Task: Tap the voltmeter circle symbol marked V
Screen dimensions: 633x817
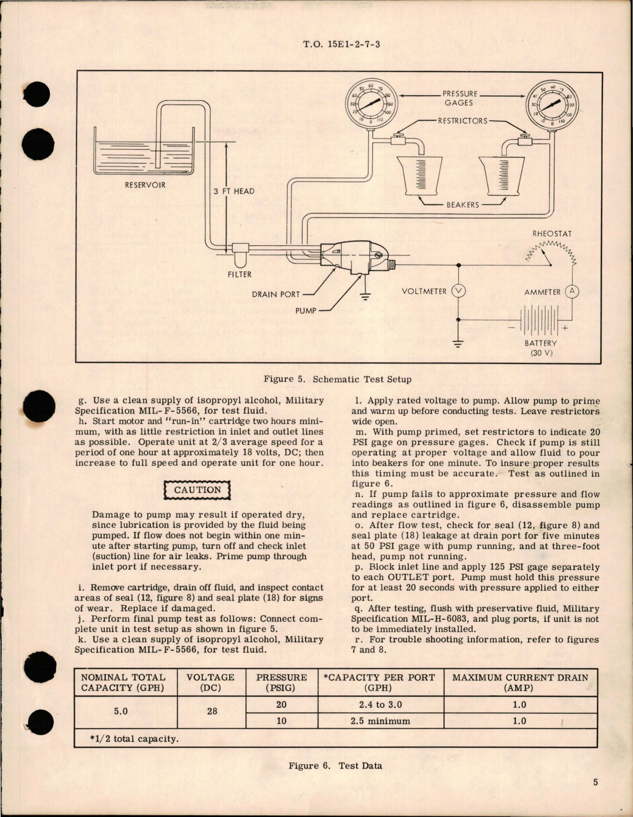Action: (x=458, y=291)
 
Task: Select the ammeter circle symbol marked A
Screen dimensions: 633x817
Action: (x=572, y=292)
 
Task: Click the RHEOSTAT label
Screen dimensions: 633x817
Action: (x=552, y=233)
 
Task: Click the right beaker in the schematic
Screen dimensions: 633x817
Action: (x=501, y=176)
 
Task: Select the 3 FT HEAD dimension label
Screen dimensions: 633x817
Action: (x=234, y=191)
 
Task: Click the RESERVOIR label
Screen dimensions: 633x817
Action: (x=145, y=185)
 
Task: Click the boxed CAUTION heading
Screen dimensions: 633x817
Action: (x=197, y=490)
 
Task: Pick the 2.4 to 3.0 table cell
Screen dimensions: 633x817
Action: (x=380, y=705)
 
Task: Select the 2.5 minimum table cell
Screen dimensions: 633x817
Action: (x=380, y=721)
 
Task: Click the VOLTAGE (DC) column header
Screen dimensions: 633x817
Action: (x=210, y=682)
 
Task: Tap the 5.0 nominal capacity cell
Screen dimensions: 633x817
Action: (x=121, y=711)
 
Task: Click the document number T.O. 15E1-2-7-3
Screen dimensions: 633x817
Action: (x=341, y=44)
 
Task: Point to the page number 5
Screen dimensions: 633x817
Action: (x=596, y=782)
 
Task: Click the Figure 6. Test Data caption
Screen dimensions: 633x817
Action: (x=335, y=765)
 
